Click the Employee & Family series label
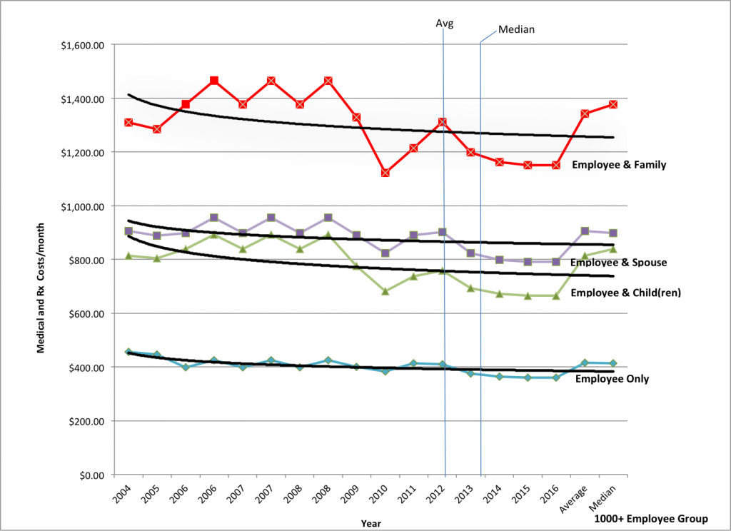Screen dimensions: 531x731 (619, 165)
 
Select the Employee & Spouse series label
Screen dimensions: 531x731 (619, 263)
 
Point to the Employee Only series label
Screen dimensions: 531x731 (612, 379)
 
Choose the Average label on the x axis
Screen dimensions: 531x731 (576, 498)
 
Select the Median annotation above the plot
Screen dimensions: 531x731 (516, 30)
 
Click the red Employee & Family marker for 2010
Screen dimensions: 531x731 (385, 173)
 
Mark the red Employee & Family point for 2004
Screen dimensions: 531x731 (128, 122)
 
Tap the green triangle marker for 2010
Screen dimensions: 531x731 (385, 291)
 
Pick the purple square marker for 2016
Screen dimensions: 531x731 (556, 262)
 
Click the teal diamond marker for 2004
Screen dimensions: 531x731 (128, 352)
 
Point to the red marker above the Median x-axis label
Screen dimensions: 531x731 (613, 104)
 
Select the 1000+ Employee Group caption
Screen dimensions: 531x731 (650, 519)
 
